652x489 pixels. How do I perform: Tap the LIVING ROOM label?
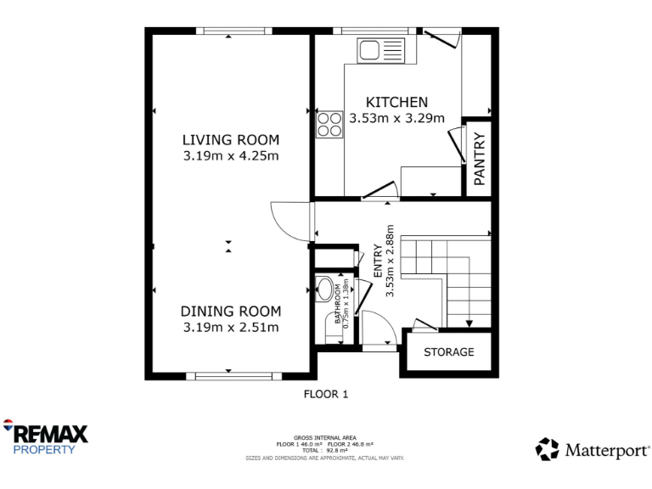tap(230, 140)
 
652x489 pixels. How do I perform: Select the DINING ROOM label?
tap(231, 312)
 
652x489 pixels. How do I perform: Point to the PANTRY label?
tap(479, 158)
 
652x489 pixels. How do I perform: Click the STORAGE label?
tap(448, 351)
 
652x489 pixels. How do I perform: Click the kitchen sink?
tap(383, 50)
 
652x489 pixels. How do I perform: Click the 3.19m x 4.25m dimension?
tap(230, 156)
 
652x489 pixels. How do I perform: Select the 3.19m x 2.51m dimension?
tap(231, 328)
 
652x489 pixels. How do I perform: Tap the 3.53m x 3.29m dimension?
tap(396, 119)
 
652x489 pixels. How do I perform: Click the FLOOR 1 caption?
tap(326, 394)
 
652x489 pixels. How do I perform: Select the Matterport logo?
tap(593, 449)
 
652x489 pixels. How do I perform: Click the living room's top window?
tap(233, 31)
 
